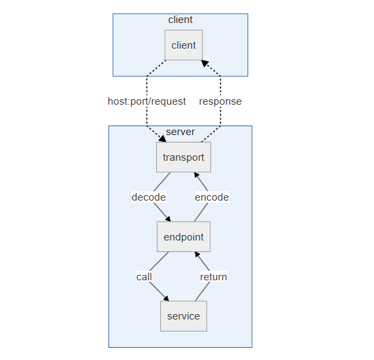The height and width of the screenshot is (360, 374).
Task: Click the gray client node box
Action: (x=184, y=45)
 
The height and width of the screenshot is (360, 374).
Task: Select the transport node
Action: (x=184, y=157)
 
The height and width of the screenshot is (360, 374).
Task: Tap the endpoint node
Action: (x=184, y=236)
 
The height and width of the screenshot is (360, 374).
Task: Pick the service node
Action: (x=184, y=316)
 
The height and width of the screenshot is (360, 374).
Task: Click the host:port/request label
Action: (x=147, y=101)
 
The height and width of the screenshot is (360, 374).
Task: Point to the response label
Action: (x=220, y=101)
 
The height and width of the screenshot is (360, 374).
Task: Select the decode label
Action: (x=149, y=197)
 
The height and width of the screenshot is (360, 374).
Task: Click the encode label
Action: (x=212, y=197)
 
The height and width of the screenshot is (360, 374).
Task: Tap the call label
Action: (x=144, y=277)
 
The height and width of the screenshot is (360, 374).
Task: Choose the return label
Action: (x=214, y=277)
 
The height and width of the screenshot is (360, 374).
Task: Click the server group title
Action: (x=181, y=132)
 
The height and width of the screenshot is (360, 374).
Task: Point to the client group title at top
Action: (x=181, y=20)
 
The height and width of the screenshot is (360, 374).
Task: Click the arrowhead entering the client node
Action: (x=205, y=63)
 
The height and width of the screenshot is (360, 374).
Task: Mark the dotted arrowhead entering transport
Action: (x=163, y=139)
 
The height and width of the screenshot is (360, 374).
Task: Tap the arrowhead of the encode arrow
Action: (x=197, y=175)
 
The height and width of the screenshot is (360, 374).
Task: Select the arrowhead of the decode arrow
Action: (x=168, y=219)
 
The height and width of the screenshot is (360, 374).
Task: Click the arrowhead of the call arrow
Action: (x=166, y=299)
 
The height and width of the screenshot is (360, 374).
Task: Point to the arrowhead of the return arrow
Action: (x=197, y=255)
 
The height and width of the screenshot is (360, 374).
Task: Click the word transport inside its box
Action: (x=184, y=157)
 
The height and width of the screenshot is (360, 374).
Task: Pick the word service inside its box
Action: (x=184, y=316)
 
